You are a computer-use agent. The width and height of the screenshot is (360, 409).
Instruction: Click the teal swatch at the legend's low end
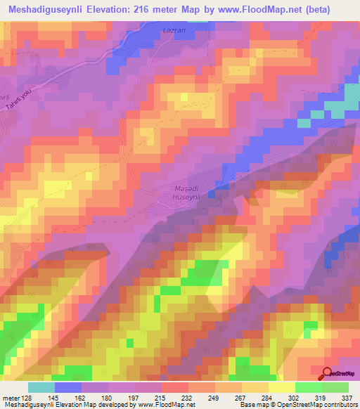(x=41, y=387)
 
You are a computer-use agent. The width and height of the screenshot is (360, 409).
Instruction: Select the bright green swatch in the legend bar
(x=308, y=387)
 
